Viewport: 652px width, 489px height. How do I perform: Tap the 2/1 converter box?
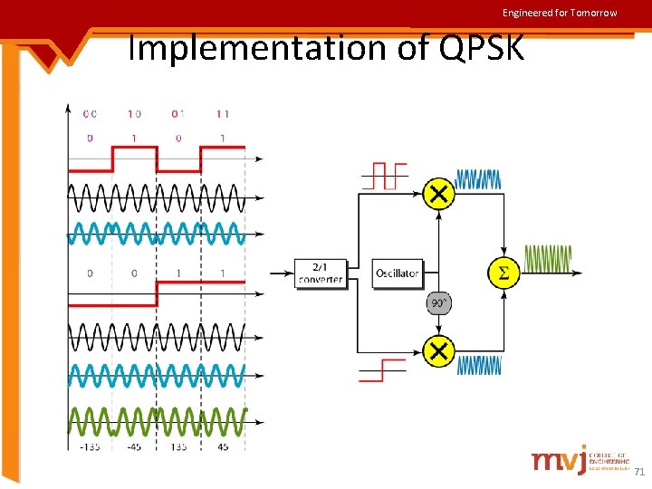point(321,273)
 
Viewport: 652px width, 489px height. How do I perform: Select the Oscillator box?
point(397,273)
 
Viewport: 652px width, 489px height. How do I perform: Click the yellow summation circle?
point(503,273)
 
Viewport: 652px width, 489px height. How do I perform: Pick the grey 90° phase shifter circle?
point(438,303)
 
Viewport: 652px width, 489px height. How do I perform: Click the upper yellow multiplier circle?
point(438,194)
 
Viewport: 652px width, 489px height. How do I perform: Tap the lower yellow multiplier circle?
point(438,350)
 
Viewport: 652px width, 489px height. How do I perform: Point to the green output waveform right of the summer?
point(548,260)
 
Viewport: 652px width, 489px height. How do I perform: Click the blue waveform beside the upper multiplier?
point(477,179)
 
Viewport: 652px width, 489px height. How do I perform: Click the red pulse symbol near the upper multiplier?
point(385,176)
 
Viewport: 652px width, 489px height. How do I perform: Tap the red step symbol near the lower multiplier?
point(383,369)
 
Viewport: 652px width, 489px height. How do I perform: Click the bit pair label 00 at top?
point(90,114)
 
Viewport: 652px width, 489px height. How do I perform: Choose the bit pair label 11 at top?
point(223,114)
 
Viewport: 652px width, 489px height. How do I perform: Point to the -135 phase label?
point(90,446)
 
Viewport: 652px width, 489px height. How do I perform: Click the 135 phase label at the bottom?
point(178,446)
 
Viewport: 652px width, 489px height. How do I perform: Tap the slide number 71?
point(638,472)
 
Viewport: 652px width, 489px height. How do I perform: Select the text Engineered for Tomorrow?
point(560,13)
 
